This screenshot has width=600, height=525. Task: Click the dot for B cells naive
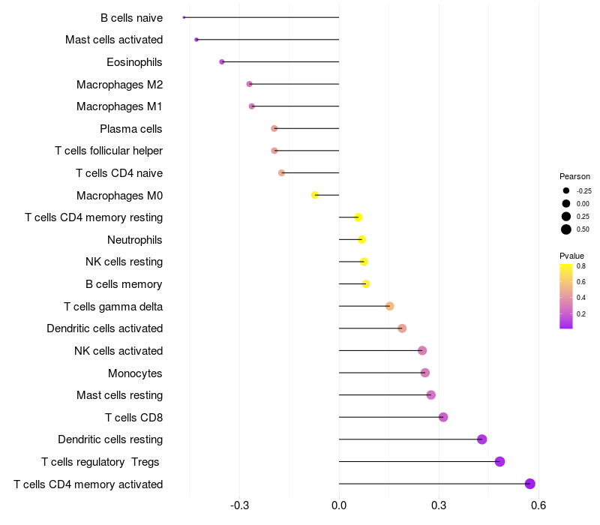pyautogui.click(x=184, y=17)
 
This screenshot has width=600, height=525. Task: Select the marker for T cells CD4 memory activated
pyautogui.click(x=529, y=484)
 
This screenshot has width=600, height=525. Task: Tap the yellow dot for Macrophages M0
pyautogui.click(x=315, y=195)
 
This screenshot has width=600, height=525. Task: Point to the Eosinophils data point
pyautogui.click(x=222, y=62)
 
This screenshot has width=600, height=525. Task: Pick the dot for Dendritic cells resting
pyautogui.click(x=481, y=439)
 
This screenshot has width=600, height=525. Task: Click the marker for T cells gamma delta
pyautogui.click(x=389, y=306)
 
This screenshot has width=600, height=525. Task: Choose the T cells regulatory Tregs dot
pyautogui.click(x=499, y=461)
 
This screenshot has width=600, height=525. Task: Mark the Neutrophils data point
pyautogui.click(x=361, y=239)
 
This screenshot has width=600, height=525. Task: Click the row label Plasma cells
pyautogui.click(x=130, y=129)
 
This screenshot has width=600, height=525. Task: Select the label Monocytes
pyautogui.click(x=135, y=373)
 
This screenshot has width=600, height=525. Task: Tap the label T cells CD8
pyautogui.click(x=134, y=418)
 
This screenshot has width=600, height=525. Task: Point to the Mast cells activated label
pyautogui.click(x=114, y=40)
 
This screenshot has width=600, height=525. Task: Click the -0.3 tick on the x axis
pyautogui.click(x=239, y=505)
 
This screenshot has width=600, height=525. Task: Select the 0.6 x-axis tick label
pyautogui.click(x=538, y=505)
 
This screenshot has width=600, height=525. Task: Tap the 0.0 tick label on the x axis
pyautogui.click(x=339, y=505)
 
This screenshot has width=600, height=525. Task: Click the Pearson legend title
pyautogui.click(x=574, y=176)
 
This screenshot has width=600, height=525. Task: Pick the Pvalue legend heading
pyautogui.click(x=571, y=256)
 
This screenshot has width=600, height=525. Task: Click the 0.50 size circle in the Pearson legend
pyautogui.click(x=566, y=229)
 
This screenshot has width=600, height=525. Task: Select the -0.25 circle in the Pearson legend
pyautogui.click(x=566, y=190)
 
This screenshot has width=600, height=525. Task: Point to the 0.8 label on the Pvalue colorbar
pyautogui.click(x=580, y=266)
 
